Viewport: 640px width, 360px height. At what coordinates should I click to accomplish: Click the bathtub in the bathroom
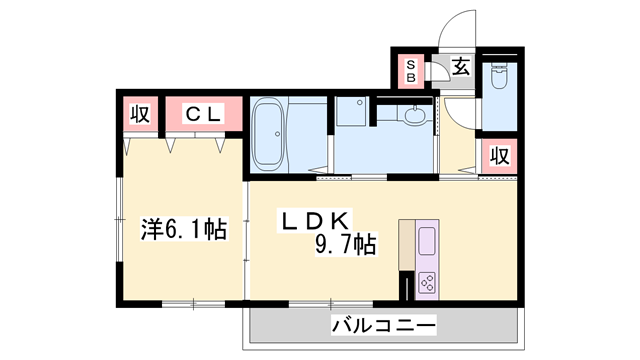tap(268, 136)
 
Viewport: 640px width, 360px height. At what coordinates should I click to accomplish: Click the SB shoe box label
tap(410, 71)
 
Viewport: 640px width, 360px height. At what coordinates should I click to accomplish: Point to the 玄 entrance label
tap(460, 68)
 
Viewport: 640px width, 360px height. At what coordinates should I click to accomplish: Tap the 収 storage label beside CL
tap(139, 114)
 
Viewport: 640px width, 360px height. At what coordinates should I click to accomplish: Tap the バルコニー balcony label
tap(383, 325)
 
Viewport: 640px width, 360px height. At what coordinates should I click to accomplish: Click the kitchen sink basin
tap(427, 241)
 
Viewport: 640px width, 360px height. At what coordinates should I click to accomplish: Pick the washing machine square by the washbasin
tap(351, 113)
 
